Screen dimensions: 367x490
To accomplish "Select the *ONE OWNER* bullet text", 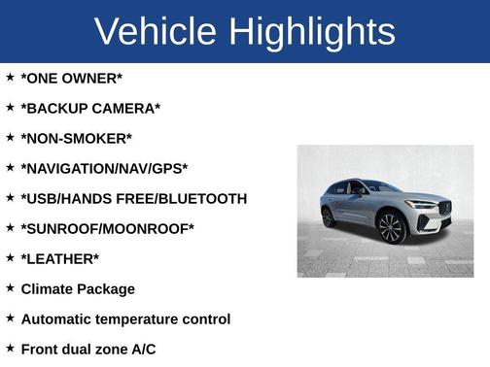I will click(71, 78).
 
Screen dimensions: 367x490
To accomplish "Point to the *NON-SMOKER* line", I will click(76, 138).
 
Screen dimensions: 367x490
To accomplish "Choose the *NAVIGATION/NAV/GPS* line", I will click(104, 168).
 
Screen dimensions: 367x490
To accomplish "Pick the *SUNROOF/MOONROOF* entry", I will click(107, 228).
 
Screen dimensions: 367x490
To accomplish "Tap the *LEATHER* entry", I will click(59, 258).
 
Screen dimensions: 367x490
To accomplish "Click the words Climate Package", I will click(78, 288).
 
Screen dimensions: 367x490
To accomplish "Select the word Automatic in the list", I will click(59, 318).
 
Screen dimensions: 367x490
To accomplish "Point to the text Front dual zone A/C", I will click(87, 349).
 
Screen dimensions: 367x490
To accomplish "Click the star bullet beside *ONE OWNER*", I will click(10, 77).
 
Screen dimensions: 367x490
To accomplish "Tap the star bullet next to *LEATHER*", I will click(10, 257).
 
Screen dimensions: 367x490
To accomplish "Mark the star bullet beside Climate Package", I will click(10, 287).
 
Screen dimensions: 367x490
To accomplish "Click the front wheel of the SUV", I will click(391, 227).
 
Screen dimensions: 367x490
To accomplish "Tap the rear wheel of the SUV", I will click(329, 217).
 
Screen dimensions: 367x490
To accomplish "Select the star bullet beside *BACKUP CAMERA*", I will click(10, 107).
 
